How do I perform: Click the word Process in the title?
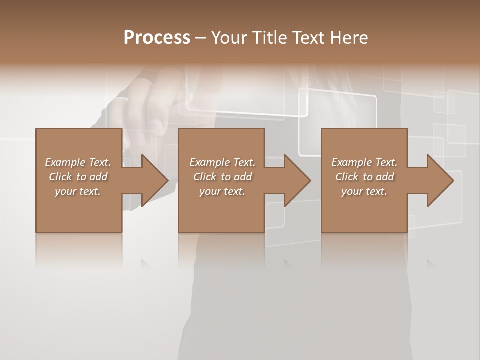click(x=157, y=38)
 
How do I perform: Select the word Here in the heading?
click(x=348, y=38)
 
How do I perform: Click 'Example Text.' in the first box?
click(x=78, y=162)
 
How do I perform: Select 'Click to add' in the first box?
click(x=78, y=177)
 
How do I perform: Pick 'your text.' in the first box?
click(x=78, y=191)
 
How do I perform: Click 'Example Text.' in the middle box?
click(x=222, y=162)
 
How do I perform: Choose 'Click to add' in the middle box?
click(x=222, y=177)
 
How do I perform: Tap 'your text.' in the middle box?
click(x=222, y=191)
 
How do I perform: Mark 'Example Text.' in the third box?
click(x=364, y=162)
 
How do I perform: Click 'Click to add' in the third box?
click(x=364, y=177)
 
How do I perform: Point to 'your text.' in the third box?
click(x=364, y=191)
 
